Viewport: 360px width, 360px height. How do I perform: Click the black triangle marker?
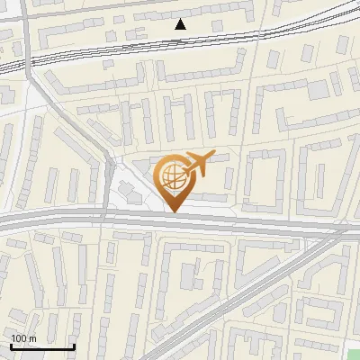point(181,24)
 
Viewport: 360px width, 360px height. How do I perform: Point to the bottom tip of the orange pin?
point(173,212)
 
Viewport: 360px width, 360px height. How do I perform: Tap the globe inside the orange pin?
point(172,176)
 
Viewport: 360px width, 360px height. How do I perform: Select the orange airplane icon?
point(196,165)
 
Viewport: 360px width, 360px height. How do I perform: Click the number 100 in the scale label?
point(19,338)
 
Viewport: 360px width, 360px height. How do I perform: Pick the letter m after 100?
point(32,338)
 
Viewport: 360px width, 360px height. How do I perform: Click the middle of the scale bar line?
point(42,346)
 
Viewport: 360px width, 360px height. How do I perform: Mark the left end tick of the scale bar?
point(11,345)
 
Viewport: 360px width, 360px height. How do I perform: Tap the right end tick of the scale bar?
point(74,345)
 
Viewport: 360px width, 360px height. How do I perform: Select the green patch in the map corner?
point(354,354)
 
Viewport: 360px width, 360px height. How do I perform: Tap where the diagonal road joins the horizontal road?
point(346,231)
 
